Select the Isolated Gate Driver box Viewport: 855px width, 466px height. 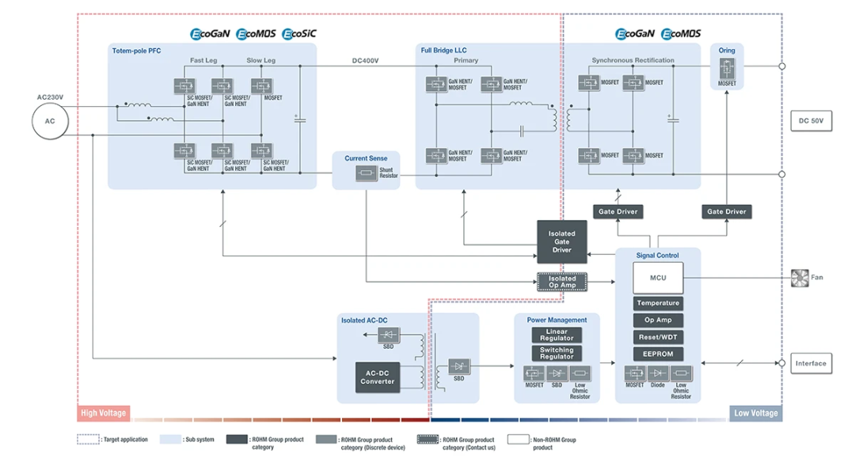[x=561, y=242]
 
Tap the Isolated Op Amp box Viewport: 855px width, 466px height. [x=562, y=282]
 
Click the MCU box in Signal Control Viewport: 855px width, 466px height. [x=658, y=278]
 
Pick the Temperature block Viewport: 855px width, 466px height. [x=658, y=303]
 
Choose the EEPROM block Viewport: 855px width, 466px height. [x=658, y=354]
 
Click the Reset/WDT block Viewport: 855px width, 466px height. [x=658, y=337]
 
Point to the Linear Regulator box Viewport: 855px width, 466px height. [x=557, y=335]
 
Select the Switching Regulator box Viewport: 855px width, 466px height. [x=557, y=353]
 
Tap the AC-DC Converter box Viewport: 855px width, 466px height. [x=378, y=377]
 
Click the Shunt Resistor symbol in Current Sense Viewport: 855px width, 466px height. [x=365, y=173]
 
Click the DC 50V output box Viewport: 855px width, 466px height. [x=811, y=121]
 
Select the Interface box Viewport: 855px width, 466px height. [x=811, y=364]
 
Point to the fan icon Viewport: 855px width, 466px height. [x=799, y=278]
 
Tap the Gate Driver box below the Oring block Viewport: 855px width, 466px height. [x=726, y=211]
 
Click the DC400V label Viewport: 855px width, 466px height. [x=365, y=61]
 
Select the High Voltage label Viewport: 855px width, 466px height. [x=103, y=413]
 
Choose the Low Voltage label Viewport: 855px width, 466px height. [x=755, y=413]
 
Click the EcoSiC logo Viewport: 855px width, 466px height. [x=299, y=34]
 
